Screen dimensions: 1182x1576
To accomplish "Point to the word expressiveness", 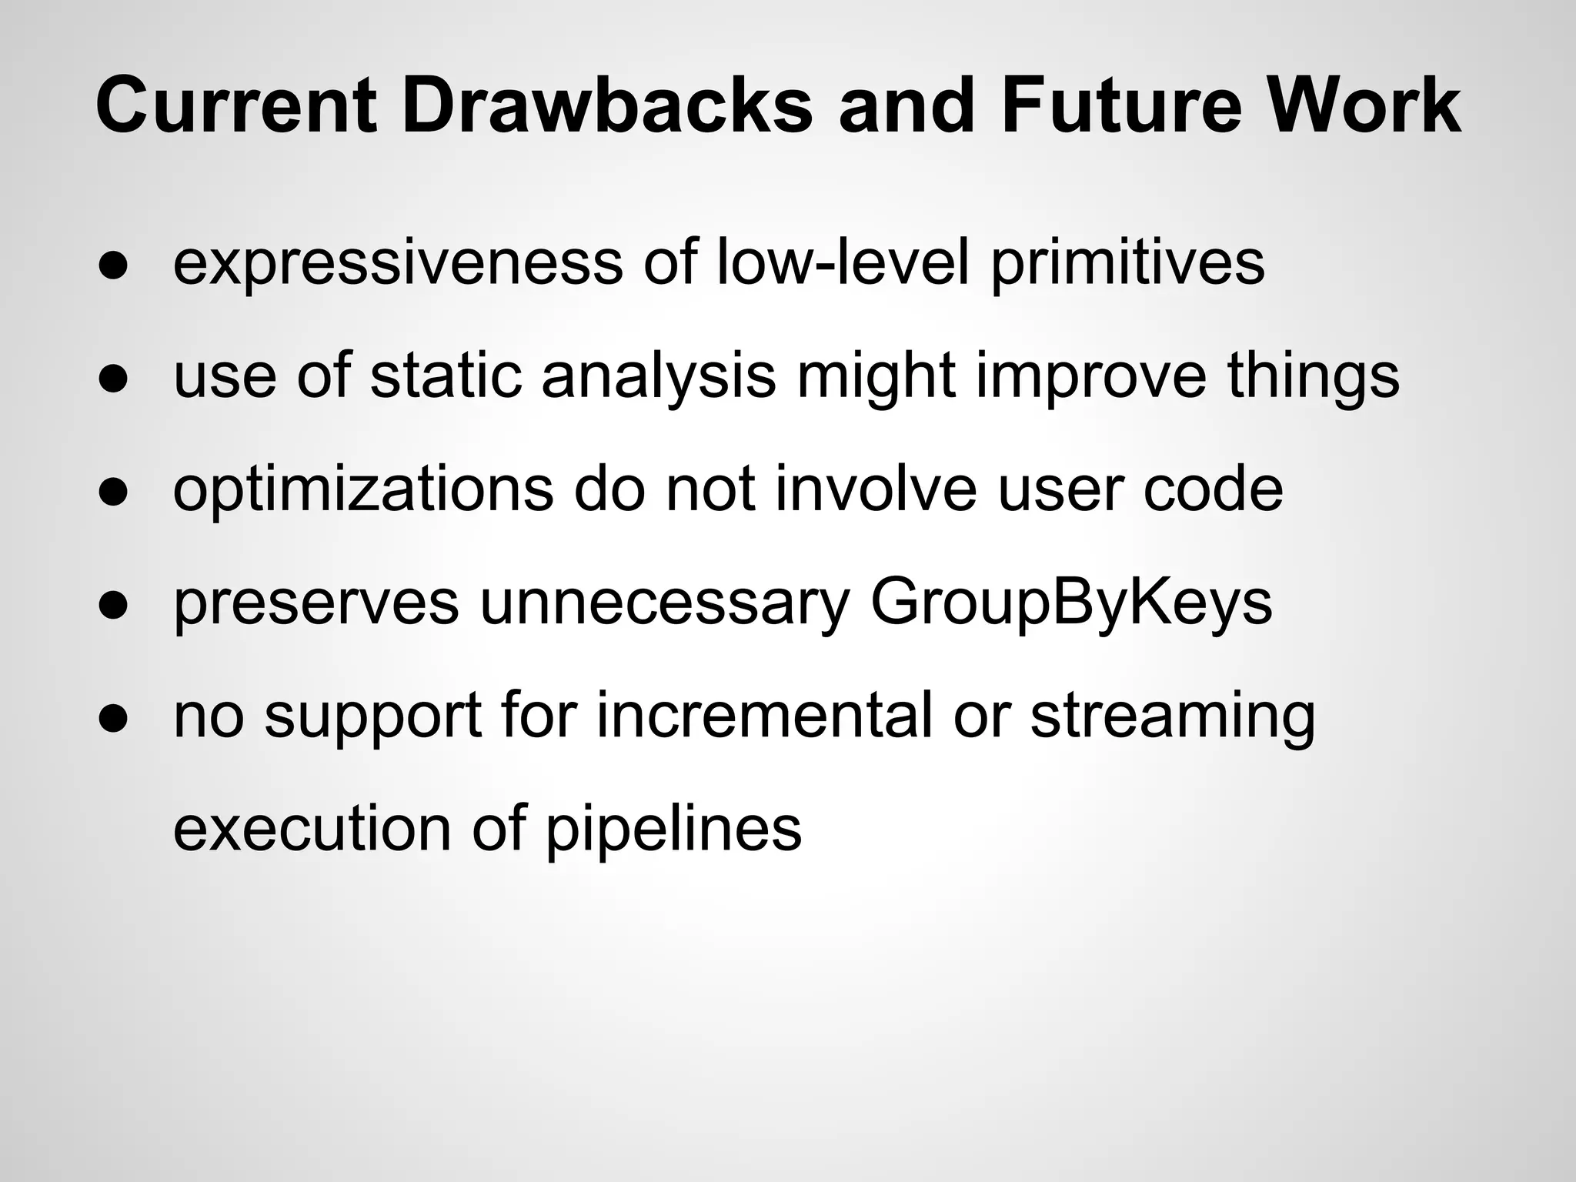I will pyautogui.click(x=398, y=263).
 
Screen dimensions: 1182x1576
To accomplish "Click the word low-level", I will pyautogui.click(x=842, y=263).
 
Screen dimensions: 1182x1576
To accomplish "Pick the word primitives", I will pyautogui.click(x=1127, y=263).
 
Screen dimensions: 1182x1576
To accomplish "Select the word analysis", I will pyautogui.click(x=659, y=376).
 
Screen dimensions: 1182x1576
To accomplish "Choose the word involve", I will pyautogui.click(x=876, y=489).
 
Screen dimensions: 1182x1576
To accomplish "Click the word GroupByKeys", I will pyautogui.click(x=1071, y=603).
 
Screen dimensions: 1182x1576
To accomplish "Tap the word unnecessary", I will pyautogui.click(x=664, y=603).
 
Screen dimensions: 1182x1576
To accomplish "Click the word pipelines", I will pyautogui.click(x=673, y=830).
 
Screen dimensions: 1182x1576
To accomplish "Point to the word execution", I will pyautogui.click(x=312, y=830).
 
